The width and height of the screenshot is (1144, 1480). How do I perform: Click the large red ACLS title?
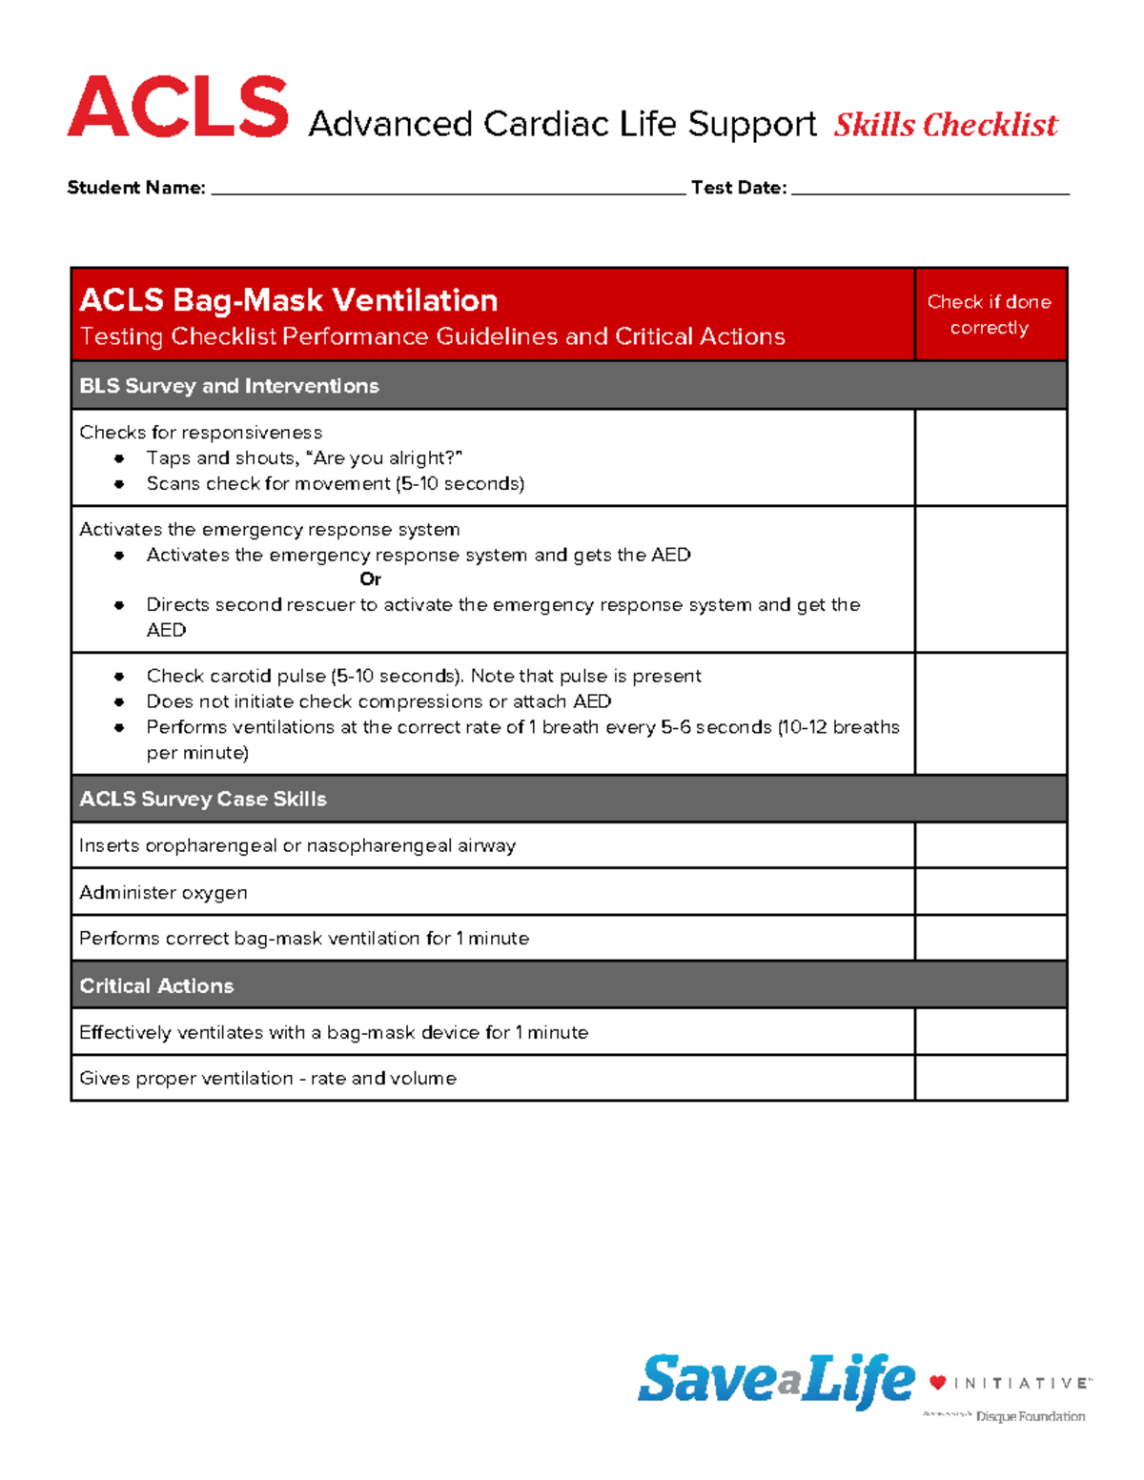[178, 107]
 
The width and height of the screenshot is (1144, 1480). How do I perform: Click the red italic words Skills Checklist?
[945, 125]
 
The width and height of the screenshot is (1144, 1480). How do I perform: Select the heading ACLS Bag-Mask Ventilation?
[288, 300]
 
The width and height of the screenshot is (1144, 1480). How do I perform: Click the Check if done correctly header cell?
[990, 314]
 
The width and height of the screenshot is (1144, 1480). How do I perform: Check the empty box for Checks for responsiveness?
[990, 458]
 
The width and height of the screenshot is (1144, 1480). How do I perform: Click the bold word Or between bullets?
[370, 579]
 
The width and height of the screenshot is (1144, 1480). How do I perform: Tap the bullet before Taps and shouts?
[119, 458]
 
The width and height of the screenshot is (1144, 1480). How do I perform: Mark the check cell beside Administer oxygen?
[990, 892]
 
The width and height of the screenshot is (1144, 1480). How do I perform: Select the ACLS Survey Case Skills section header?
[203, 799]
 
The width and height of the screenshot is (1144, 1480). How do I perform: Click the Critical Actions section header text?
[156, 985]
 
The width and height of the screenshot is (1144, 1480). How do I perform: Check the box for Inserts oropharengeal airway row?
[990, 845]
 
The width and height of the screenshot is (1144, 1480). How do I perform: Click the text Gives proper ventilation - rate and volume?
[268, 1078]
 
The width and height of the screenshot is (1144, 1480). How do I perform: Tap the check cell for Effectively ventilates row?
[990, 1032]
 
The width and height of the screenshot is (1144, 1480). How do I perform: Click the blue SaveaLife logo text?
[775, 1380]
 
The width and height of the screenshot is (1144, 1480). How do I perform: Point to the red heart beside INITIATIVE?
[938, 1383]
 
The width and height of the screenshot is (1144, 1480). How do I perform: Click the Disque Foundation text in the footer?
[1030, 1417]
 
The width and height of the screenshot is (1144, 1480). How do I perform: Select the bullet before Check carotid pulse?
[119, 677]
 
